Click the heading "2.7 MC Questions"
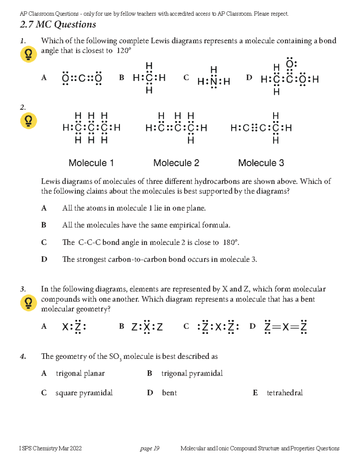58,25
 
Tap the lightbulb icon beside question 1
28,54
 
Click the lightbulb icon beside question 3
28,303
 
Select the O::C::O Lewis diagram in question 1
82,78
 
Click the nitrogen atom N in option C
214,81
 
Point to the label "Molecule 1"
91,163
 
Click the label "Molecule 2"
176,163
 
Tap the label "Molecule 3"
261,163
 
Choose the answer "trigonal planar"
80,373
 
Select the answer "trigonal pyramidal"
192,373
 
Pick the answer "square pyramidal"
84,393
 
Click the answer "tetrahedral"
285,393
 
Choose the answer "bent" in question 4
169,393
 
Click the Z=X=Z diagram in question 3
285,327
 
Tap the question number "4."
23,356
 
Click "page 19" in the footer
149,448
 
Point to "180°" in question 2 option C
230,242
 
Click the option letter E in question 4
255,393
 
